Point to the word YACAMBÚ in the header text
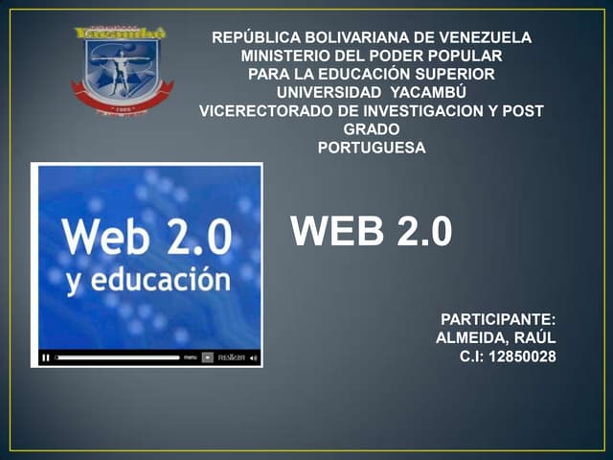click(429, 93)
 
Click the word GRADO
click(371, 129)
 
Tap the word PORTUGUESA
click(371, 148)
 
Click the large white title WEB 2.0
click(371, 231)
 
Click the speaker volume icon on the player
click(254, 357)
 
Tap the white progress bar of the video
click(117, 357)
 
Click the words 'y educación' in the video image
click(148, 280)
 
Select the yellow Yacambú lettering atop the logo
click(120, 34)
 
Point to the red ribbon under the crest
click(122, 99)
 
